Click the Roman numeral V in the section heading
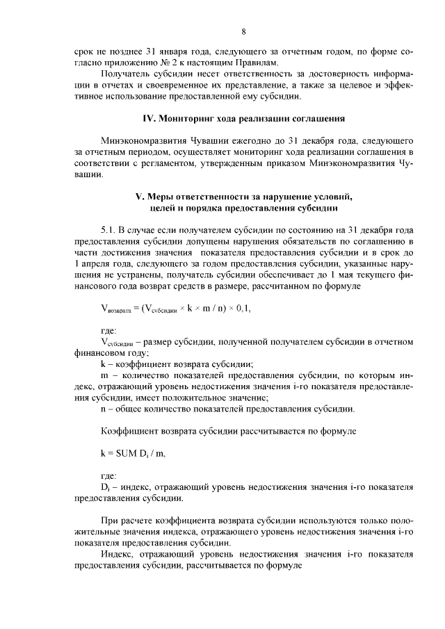click(x=138, y=195)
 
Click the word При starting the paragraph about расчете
click(x=109, y=521)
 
